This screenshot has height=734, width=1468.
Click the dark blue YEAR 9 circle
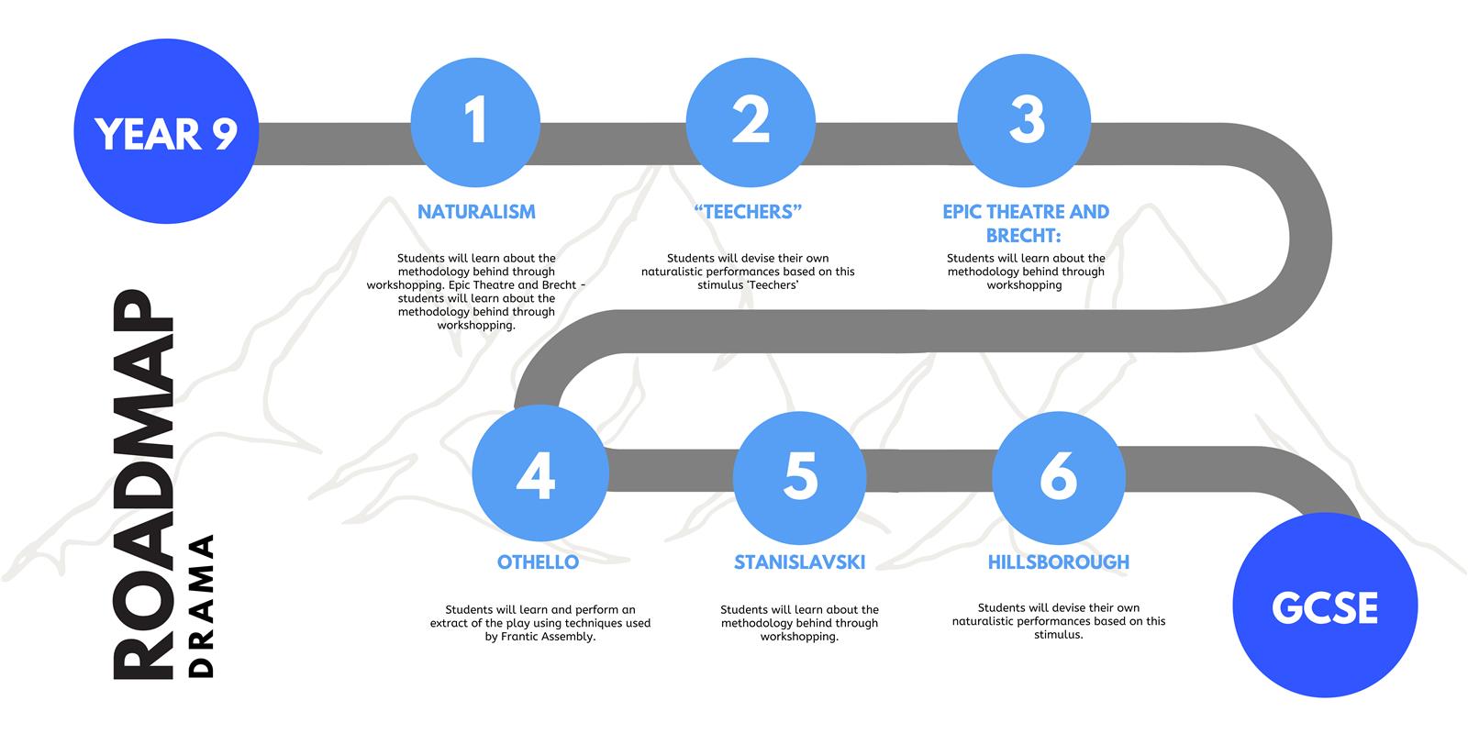point(166,131)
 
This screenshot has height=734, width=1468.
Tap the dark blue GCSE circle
point(1325,605)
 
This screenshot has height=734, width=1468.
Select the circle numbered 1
point(476,123)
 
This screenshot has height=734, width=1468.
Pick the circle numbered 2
point(751,123)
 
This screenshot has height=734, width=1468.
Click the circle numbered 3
point(1024,120)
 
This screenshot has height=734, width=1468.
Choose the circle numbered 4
point(540,473)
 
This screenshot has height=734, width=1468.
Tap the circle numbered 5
point(799,478)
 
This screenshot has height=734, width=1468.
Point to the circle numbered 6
point(1059,478)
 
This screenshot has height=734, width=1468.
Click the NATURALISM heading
point(476,212)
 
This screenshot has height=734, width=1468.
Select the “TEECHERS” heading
point(748,212)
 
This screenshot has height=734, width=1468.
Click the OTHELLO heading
point(538,562)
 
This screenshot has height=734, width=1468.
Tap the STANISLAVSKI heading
point(799,562)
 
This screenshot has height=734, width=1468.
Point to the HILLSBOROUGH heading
point(1059,562)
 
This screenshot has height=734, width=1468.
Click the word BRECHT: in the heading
point(1024,235)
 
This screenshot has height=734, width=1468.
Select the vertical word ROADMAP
point(143,485)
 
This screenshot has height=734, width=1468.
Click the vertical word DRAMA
point(201,606)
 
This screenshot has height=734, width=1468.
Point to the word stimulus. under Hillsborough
point(1059,634)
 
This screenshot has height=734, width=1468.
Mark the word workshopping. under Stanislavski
point(799,637)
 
